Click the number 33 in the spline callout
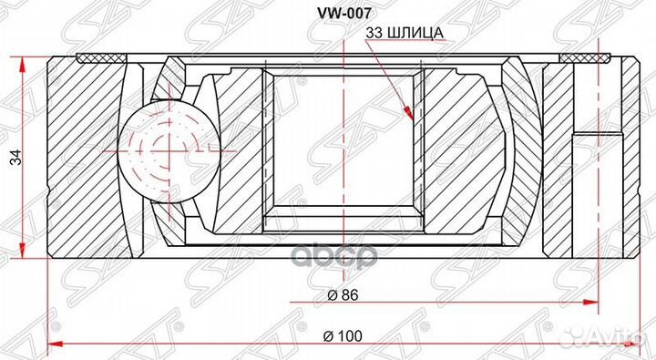[374, 34]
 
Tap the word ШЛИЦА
[415, 34]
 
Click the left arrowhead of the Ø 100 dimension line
[52, 345]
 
